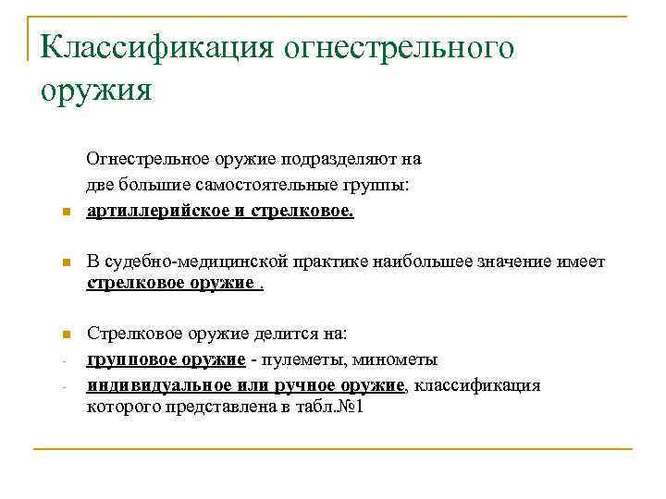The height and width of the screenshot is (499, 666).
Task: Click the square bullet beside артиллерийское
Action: pyautogui.click(x=55, y=213)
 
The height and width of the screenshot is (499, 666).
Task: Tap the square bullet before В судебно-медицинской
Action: pyautogui.click(x=55, y=265)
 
